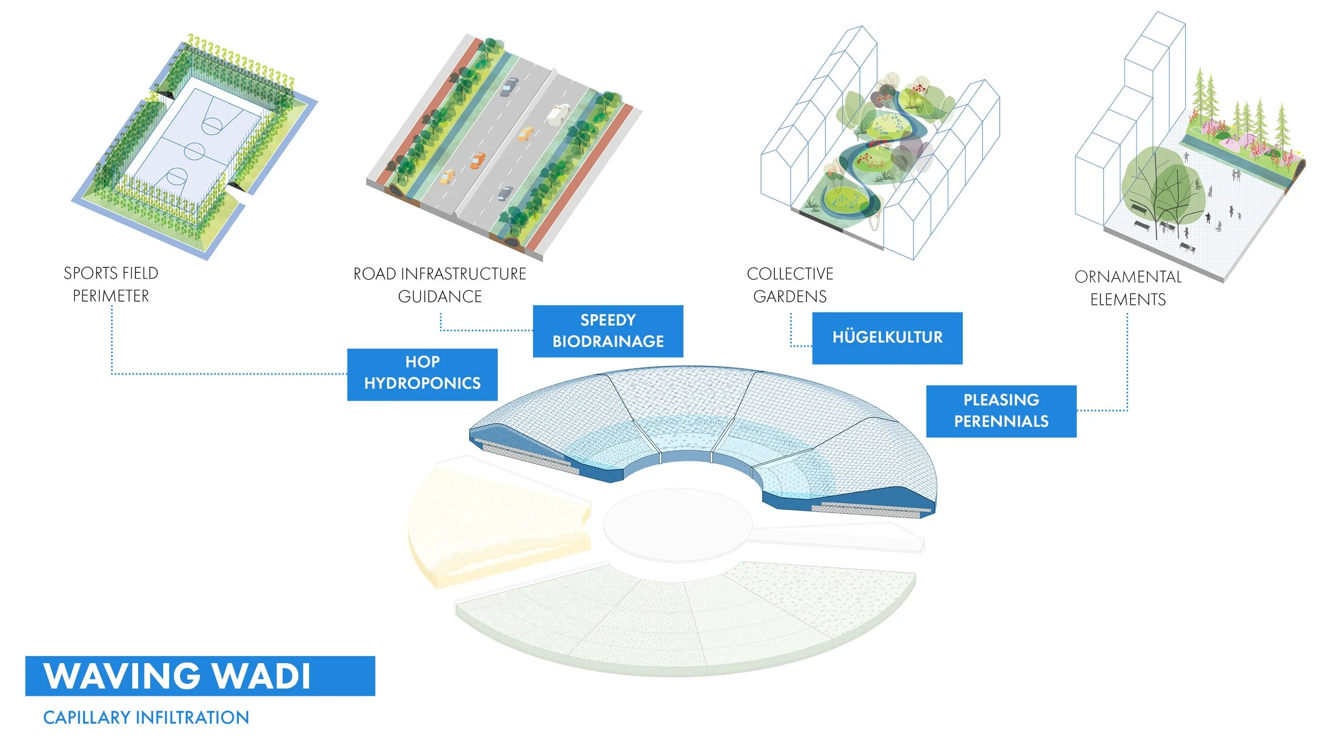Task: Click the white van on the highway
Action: click(559, 113)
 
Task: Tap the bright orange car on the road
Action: click(477, 160)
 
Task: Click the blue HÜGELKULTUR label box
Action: click(887, 338)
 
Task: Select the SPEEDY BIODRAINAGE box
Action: click(607, 331)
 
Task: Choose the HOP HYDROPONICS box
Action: click(422, 374)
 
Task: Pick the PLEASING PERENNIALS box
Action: click(1001, 411)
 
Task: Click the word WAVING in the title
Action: click(122, 676)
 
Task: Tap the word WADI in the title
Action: click(263, 676)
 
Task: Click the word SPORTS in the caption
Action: click(87, 273)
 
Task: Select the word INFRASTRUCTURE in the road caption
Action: click(463, 274)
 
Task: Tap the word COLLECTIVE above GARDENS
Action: click(790, 274)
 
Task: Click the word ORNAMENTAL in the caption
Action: click(1128, 277)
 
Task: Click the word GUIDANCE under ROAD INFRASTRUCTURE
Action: click(440, 296)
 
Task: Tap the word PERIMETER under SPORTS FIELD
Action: click(111, 296)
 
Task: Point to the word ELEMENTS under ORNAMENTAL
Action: click(1128, 300)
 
